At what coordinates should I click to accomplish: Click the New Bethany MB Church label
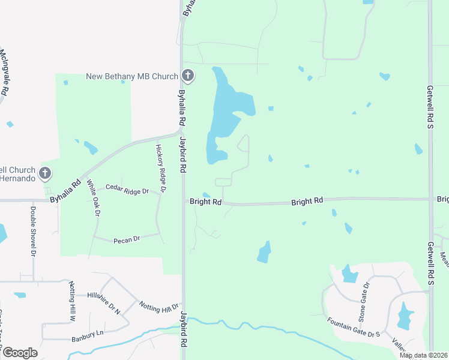pos(132,76)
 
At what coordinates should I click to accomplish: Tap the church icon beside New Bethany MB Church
pos(188,76)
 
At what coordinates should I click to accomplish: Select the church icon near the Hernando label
pos(45,174)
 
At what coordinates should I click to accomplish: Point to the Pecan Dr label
pos(126,239)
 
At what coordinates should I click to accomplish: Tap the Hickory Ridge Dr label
pos(160,169)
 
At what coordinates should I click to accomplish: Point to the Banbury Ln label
pos(88,334)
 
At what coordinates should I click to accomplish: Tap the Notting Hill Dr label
pos(159,307)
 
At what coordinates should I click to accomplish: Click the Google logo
pos(19,353)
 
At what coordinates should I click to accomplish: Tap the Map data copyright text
pos(423,355)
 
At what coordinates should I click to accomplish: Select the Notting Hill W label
pos(72,296)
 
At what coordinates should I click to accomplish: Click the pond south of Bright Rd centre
pos(264,252)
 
